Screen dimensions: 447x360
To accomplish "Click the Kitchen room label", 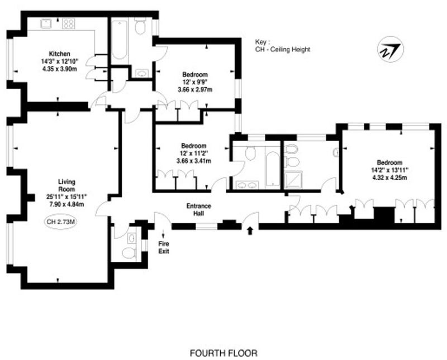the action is click(60, 54).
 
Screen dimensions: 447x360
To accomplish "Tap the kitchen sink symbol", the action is click(46, 23).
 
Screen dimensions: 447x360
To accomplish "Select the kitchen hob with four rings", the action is click(68, 23).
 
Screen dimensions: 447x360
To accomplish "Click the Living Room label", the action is click(66, 185).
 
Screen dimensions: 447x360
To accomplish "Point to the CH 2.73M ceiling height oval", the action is click(60, 222).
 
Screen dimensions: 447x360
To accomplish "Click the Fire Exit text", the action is click(164, 247).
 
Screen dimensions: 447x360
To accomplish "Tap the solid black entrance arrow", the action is click(250, 231).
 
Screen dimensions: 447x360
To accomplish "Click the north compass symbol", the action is click(390, 50).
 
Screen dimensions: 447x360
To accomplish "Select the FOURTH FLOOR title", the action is click(223, 353).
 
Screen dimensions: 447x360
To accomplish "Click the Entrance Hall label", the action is click(199, 209).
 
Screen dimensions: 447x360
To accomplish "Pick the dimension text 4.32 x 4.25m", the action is click(389, 177).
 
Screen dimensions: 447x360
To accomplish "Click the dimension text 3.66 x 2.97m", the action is click(195, 90).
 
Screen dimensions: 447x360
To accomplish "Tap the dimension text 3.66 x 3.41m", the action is click(194, 161).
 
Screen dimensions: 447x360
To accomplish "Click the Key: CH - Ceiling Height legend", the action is click(283, 46).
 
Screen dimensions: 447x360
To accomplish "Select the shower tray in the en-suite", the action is click(293, 180).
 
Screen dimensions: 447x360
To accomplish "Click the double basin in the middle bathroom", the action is click(247, 185).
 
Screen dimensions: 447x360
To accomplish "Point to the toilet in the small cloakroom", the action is click(128, 253).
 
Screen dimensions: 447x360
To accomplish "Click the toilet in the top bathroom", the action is click(140, 26).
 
